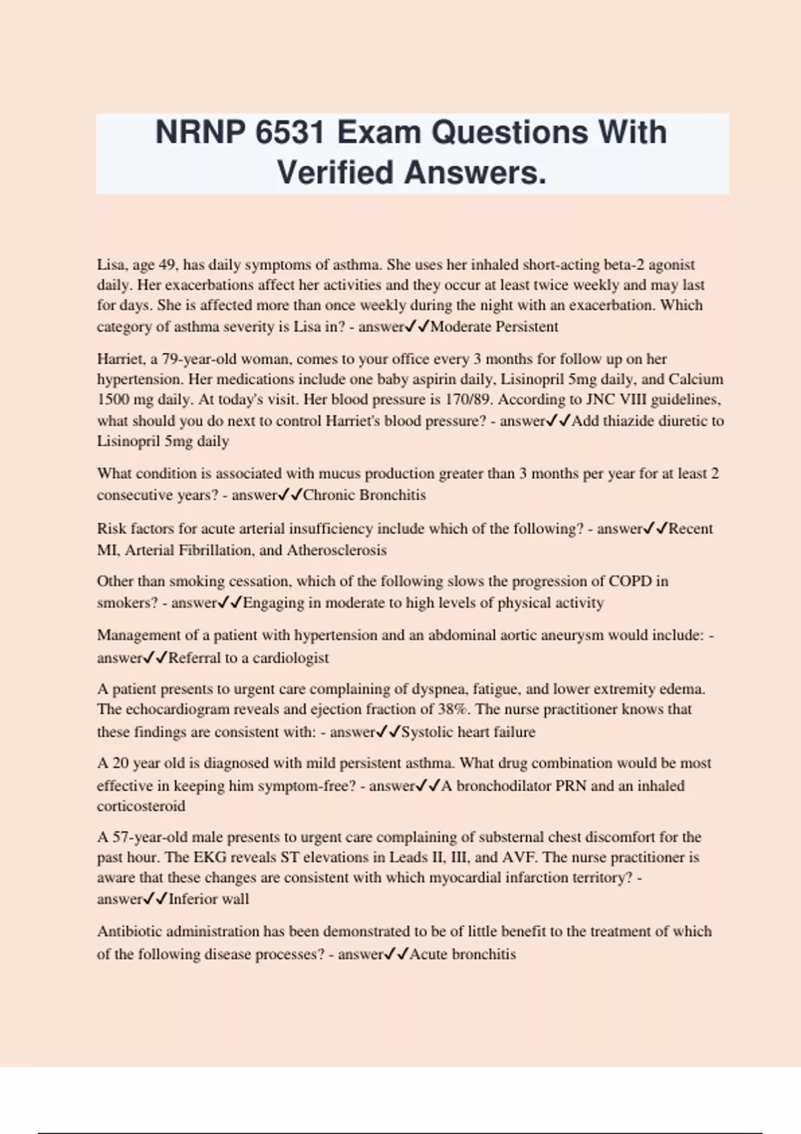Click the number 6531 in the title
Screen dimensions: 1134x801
290,132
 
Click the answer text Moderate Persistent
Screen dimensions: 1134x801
494,327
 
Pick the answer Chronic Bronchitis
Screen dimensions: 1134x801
364,495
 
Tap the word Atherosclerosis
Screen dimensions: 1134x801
336,550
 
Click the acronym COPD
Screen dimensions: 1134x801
629,581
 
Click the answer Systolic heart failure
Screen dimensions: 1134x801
468,732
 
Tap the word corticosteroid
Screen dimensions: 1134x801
141,806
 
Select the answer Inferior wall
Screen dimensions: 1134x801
208,899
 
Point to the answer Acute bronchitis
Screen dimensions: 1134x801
463,955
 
